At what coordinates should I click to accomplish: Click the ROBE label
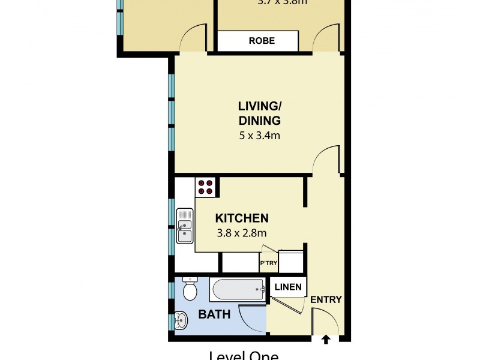pos(262,41)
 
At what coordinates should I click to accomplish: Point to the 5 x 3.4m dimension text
pos(259,136)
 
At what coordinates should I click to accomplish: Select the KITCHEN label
pos(242,218)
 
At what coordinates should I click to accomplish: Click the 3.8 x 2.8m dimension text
pos(242,233)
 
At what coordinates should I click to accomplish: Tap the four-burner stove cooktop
pos(205,187)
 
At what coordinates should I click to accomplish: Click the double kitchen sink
pos(185,226)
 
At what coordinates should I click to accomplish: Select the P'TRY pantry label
pos(268,263)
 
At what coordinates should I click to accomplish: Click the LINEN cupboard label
pos(288,287)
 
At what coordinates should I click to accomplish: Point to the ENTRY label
pos(326,300)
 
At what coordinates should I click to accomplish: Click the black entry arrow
pos(326,340)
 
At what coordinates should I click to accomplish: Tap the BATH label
pos(215,314)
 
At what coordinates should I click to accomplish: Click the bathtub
pos(237,290)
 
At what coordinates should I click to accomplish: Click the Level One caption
pos(243,355)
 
